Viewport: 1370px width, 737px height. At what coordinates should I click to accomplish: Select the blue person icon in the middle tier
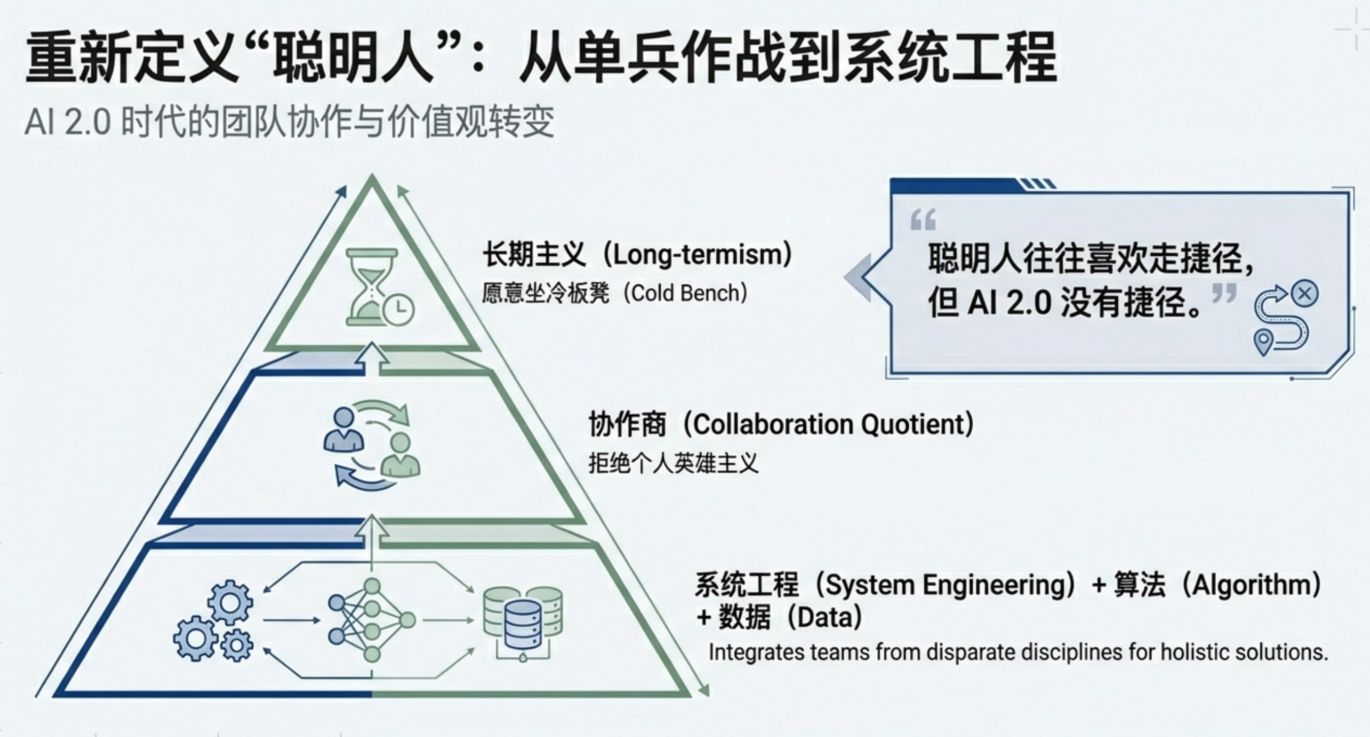point(344,430)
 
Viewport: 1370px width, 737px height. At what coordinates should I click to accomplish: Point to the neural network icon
point(372,620)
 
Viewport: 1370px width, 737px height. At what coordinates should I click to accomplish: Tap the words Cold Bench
point(686,293)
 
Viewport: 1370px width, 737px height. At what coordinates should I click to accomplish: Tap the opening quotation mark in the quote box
point(923,219)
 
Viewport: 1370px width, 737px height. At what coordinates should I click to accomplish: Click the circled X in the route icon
point(1305,294)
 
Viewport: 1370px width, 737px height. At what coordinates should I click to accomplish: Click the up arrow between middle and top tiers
point(372,360)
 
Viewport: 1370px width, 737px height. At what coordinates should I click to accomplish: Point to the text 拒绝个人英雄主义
point(673,463)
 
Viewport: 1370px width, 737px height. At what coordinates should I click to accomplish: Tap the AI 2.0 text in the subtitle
point(67,122)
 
